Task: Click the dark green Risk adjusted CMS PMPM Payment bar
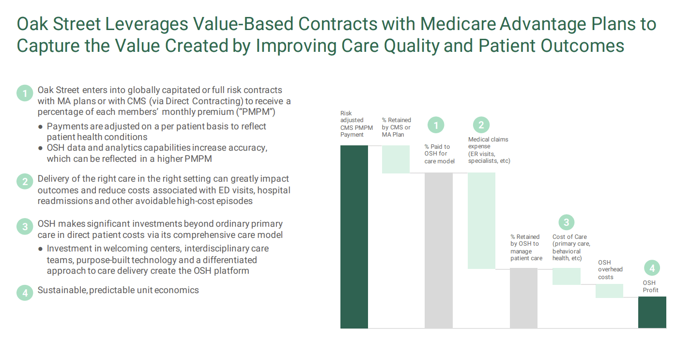click(354, 236)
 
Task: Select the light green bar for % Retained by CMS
click(396, 159)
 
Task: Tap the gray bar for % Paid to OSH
click(438, 250)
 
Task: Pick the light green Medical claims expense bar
click(481, 220)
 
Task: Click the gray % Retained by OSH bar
click(523, 298)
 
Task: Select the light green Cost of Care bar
click(566, 276)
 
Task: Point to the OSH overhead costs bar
click(609, 291)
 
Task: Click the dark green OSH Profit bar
click(652, 312)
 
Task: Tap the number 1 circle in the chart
click(436, 125)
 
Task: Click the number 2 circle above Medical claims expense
click(481, 125)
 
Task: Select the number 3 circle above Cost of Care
click(566, 223)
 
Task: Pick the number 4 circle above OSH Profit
click(652, 268)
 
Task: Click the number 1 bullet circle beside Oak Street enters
click(25, 93)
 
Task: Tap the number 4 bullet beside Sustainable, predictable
click(25, 293)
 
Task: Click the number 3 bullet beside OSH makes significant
click(25, 226)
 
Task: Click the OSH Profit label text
click(650, 286)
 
